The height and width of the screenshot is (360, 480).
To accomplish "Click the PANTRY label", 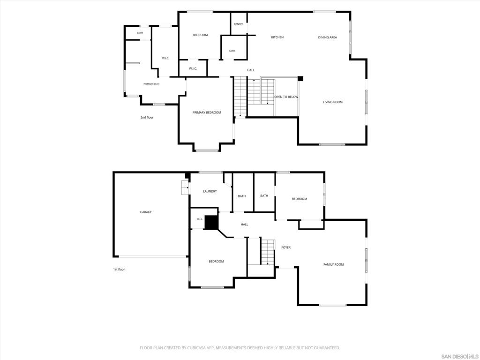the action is point(239,24).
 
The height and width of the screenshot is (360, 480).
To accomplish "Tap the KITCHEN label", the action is point(277,37).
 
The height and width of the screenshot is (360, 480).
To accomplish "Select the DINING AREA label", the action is point(328,37).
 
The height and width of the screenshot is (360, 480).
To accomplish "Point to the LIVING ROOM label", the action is point(333,102).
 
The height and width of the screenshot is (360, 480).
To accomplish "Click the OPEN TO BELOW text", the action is point(286,97).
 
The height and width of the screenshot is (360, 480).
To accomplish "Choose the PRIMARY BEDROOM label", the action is point(207,112).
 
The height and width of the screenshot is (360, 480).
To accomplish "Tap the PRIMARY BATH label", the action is point(151,84).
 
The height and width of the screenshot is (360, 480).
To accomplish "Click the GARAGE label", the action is point(146,212).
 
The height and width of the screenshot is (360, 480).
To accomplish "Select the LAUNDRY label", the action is point(210,191).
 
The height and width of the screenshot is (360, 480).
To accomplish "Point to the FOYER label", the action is point(286,247).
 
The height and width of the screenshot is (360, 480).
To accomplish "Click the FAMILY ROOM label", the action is point(334,264).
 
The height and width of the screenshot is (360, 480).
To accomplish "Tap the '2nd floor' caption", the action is point(147,118).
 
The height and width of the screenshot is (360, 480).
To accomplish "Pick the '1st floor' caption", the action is point(119,270).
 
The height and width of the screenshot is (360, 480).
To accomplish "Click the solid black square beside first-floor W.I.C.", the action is point(210,223).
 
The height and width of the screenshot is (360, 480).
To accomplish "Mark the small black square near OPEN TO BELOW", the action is point(300,79).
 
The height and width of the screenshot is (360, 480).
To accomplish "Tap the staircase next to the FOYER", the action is point(268,252).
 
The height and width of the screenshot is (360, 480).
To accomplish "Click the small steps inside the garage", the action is point(185,187).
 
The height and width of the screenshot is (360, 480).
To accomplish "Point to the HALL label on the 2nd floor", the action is point(251,70).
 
